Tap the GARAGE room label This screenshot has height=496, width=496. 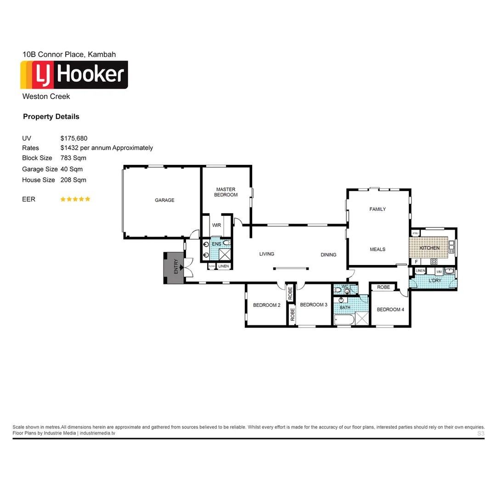pos(164,200)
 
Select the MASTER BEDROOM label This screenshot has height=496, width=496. pos(225,192)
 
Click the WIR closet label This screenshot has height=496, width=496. pos(217,225)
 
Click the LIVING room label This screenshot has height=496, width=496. pos(266,254)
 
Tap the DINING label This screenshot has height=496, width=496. pos(328,255)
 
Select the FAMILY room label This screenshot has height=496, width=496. pos(378,209)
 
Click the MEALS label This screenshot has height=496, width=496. pos(378,249)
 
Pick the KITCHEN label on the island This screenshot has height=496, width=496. pos(429,248)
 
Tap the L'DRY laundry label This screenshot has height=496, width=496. pos(434,281)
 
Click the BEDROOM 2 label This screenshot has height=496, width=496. pos(266,305)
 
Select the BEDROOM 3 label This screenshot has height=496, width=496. pos(313,305)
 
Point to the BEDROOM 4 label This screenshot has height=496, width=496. pos(390,310)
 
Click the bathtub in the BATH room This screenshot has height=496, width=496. pos(343,320)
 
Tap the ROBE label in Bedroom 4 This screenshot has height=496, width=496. pos(383,287)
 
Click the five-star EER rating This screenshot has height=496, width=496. pos(75,199)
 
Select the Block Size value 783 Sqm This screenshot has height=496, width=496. pos(73,158)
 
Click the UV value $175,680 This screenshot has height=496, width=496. pos(74,138)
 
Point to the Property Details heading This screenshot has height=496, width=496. pos(51,117)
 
